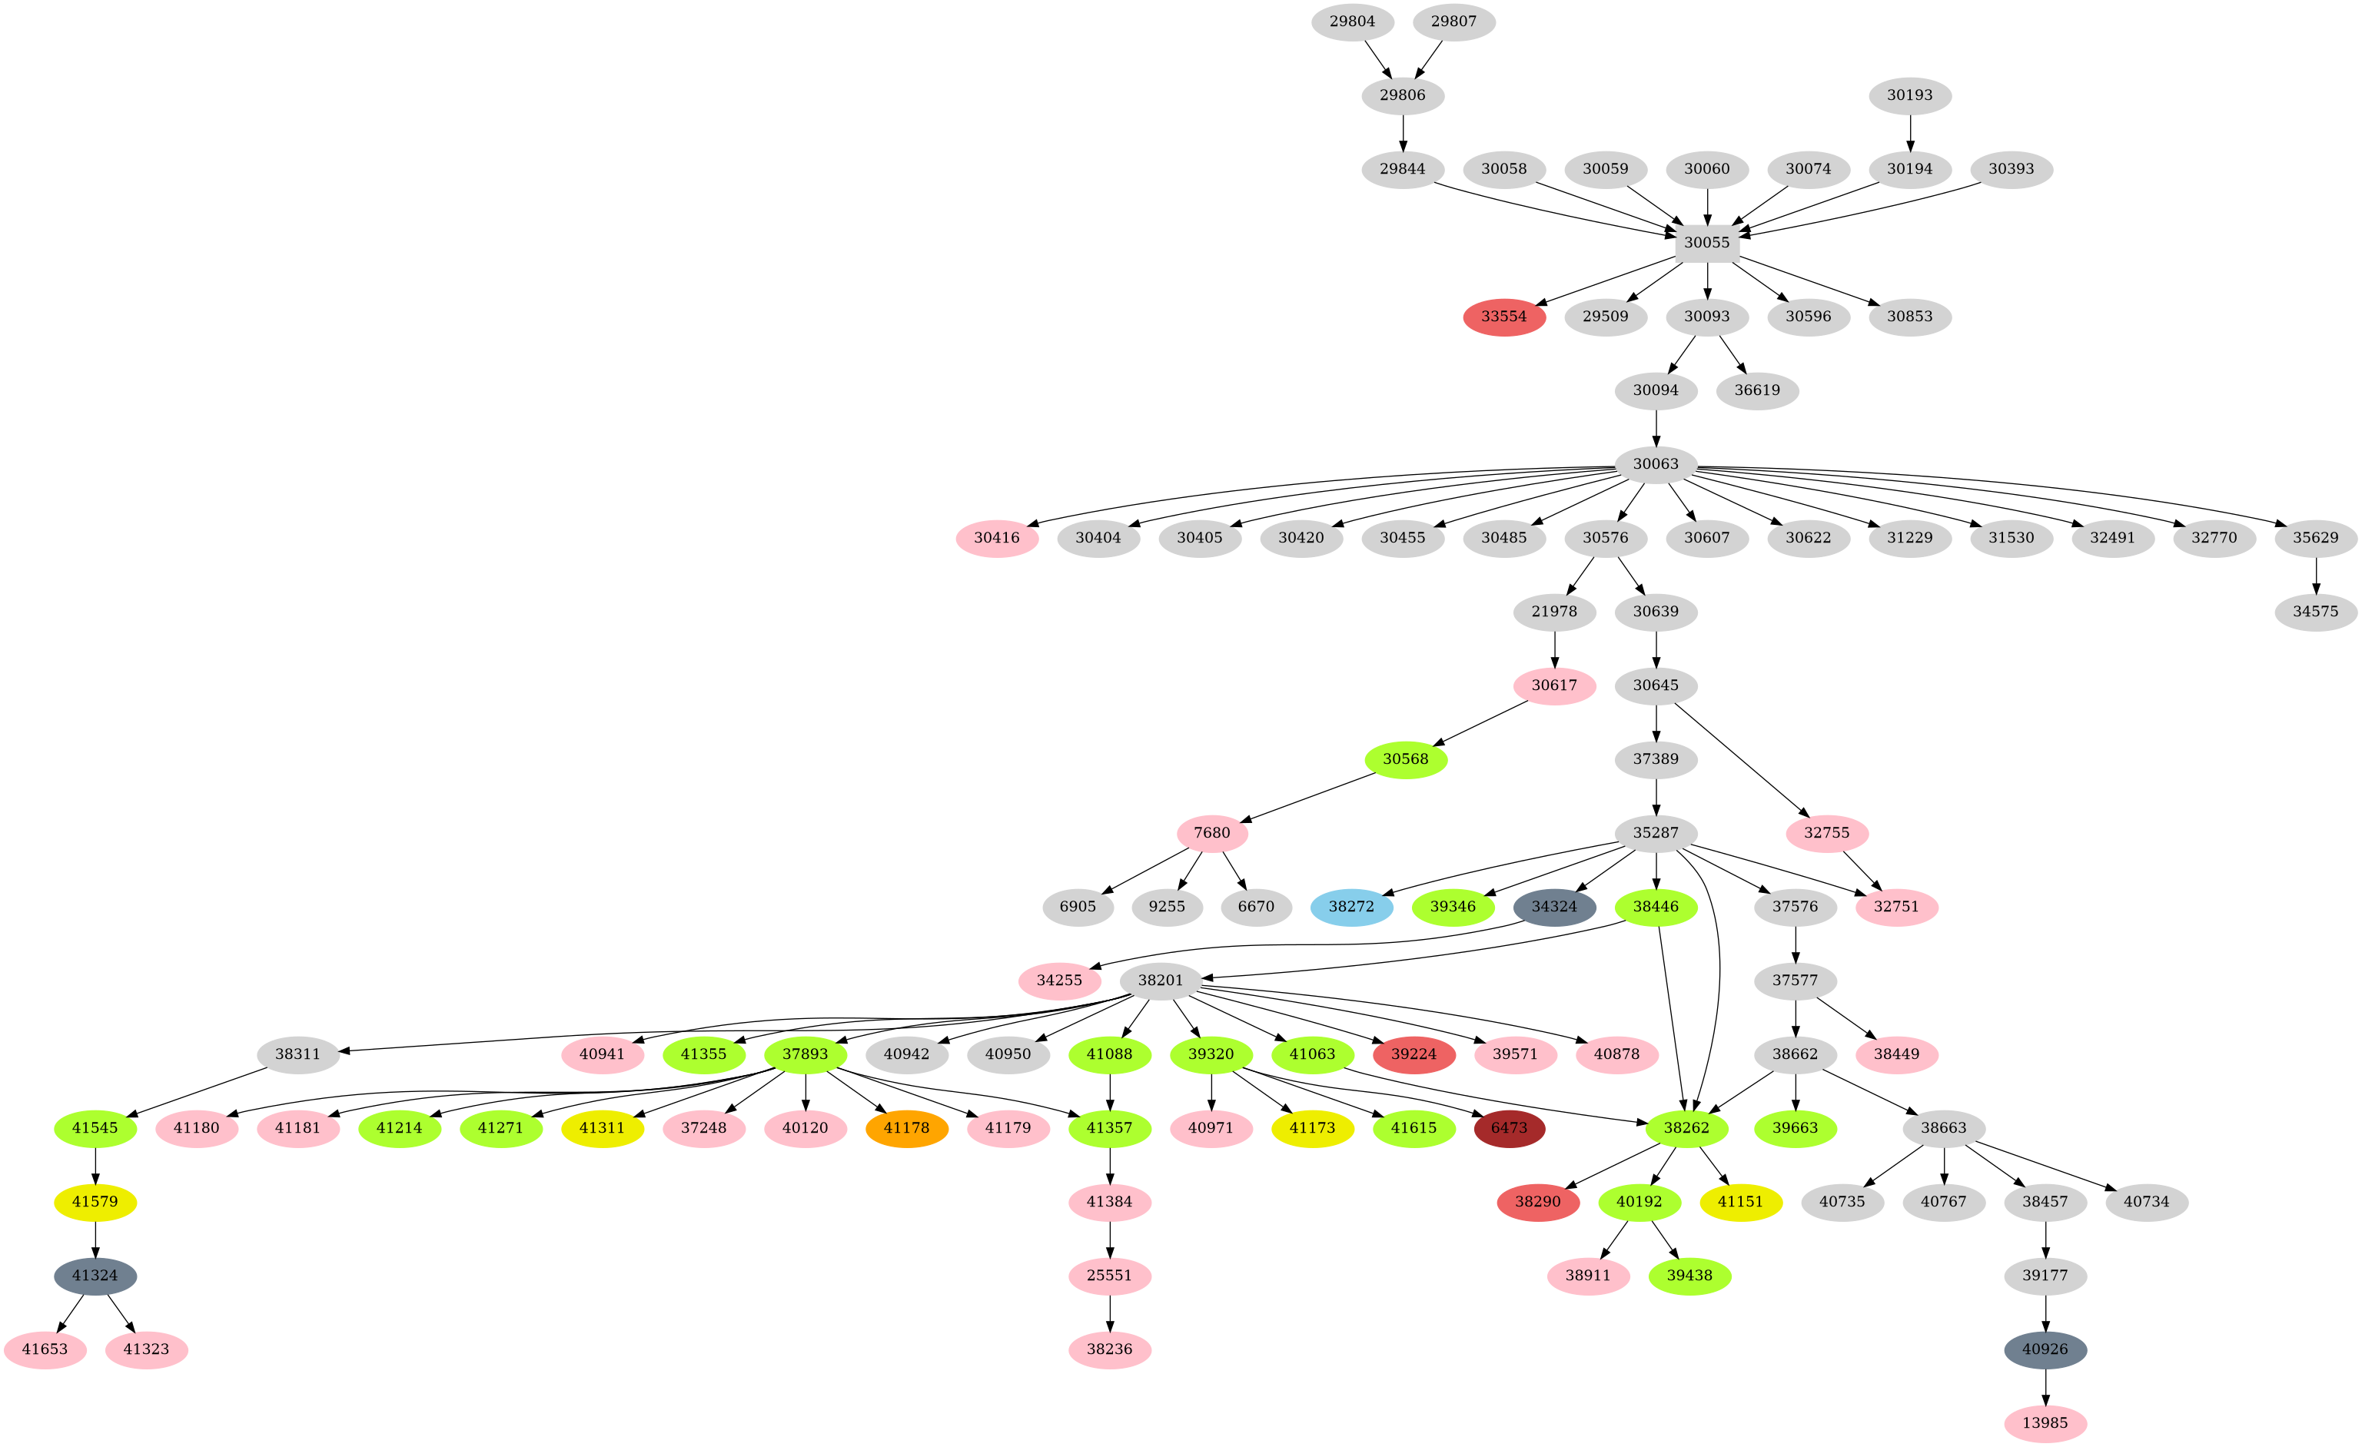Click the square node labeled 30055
[x=1706, y=242]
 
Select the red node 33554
[x=1503, y=317]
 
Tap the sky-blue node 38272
[x=1350, y=907]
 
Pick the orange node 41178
[x=906, y=1128]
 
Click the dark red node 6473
[x=1509, y=1128]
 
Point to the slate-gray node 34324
[x=1554, y=907]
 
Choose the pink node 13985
[x=2045, y=1423]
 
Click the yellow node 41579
[x=95, y=1202]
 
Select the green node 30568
[x=1405, y=759]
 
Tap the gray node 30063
[x=1656, y=464]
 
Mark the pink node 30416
[x=997, y=538]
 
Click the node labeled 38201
[x=1160, y=981]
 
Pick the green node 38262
[x=1686, y=1128]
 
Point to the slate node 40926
[x=2045, y=1349]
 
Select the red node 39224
[x=1414, y=1054]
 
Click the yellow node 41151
[x=1740, y=1202]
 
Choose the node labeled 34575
[x=2315, y=612]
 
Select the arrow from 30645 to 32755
[x=1740, y=759]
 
